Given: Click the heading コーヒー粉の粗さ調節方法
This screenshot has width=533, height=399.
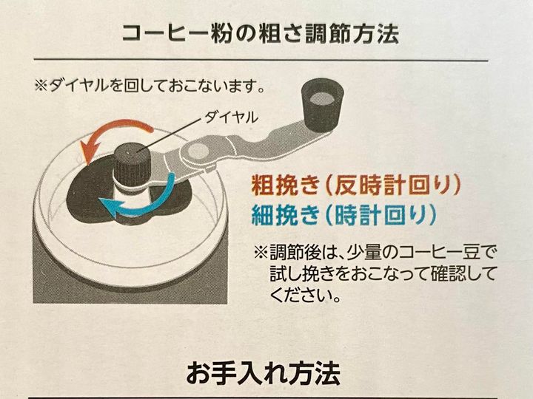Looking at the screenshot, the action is point(261,34).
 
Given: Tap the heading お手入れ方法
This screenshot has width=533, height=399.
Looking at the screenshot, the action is point(263,373).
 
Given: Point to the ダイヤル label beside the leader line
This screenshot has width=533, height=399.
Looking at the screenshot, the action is point(231,117).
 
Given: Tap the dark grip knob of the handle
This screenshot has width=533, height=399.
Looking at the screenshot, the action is point(322,106).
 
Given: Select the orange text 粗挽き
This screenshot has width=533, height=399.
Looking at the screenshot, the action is point(286,185).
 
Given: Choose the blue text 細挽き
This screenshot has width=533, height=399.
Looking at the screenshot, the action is point(286,215).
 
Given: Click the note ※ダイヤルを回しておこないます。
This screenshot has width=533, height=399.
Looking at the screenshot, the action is point(150,86).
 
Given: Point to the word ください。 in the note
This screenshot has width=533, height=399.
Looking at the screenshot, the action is point(305,295).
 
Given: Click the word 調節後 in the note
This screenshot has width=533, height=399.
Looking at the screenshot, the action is point(294,253).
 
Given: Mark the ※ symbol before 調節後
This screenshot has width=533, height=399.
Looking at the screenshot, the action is point(261,253).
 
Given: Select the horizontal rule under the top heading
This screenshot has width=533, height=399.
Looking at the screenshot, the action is point(261,60).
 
